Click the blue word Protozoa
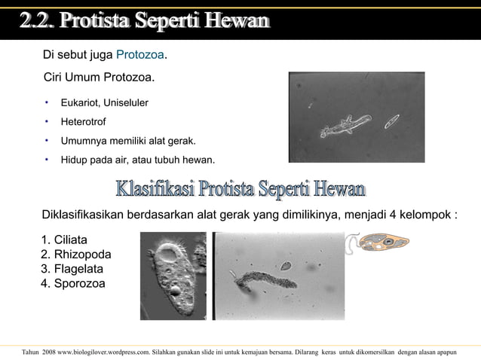point(140,56)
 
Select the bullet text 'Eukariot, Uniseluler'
point(105,102)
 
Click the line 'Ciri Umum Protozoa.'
point(100,78)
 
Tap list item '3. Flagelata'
point(72,269)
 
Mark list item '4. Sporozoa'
point(73,284)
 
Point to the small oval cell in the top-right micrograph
point(391,121)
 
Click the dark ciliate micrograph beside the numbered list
point(173,275)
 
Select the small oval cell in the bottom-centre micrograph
point(286,265)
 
